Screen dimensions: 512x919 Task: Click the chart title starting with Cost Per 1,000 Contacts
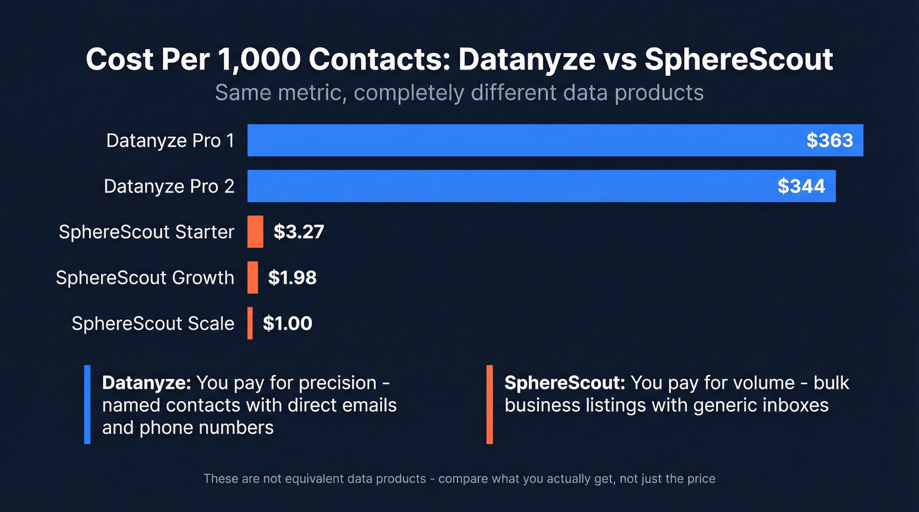click(460, 60)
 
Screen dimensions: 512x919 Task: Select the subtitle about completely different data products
click(460, 92)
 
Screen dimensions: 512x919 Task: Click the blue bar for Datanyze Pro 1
click(525, 140)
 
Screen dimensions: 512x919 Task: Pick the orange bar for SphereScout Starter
click(255, 232)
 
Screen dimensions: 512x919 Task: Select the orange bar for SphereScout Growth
click(253, 277)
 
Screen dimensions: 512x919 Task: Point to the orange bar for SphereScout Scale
click(250, 323)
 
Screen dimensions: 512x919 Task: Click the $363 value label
click(830, 140)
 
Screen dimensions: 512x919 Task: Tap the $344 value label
click(801, 186)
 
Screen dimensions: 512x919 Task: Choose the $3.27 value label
click(299, 232)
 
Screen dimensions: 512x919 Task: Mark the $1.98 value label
click(292, 277)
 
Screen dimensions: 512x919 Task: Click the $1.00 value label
click(288, 323)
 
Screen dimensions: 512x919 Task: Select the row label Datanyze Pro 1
click(170, 140)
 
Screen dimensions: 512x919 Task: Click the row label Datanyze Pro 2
click(169, 186)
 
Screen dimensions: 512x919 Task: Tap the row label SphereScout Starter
click(146, 232)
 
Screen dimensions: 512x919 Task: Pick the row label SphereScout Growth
click(145, 277)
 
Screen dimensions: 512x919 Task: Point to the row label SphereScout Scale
click(153, 323)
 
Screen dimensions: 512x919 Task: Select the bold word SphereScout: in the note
click(565, 383)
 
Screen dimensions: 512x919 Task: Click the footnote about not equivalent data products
click(460, 479)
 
